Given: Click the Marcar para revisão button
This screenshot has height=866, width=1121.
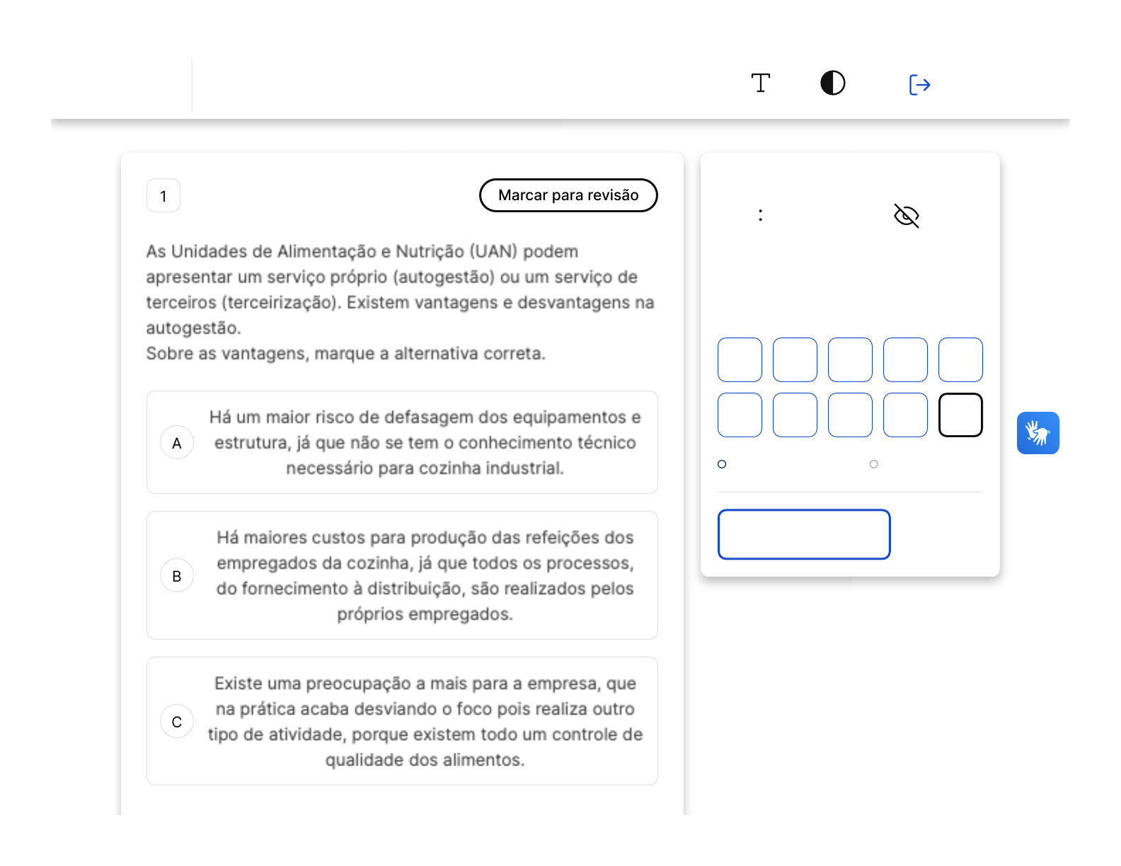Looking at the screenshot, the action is pyautogui.click(x=568, y=195).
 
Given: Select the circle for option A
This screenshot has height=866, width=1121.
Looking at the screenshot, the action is pyautogui.click(x=176, y=442).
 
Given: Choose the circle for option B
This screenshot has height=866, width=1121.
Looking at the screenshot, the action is pyautogui.click(x=176, y=576).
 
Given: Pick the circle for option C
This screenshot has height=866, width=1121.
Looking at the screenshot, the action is pyautogui.click(x=176, y=721).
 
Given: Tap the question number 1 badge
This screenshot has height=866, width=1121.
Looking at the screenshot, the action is pyautogui.click(x=163, y=195).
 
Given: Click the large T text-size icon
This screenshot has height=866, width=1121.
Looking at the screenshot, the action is pyautogui.click(x=760, y=83).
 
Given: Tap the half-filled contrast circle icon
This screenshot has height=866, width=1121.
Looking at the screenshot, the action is pyautogui.click(x=833, y=83).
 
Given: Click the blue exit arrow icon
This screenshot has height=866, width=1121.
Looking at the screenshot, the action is pyautogui.click(x=919, y=85).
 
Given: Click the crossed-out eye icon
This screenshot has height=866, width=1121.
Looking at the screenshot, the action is pyautogui.click(x=907, y=216).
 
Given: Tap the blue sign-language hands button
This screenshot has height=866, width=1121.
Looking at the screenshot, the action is pyautogui.click(x=1038, y=433).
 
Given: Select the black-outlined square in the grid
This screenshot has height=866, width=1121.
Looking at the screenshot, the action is pyautogui.click(x=960, y=415).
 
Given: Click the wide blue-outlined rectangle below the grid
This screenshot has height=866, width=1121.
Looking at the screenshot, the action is pyautogui.click(x=804, y=534).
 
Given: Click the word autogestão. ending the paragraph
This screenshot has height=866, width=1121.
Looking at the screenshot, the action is pyautogui.click(x=193, y=328).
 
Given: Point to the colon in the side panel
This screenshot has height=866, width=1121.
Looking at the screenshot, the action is pyautogui.click(x=760, y=215).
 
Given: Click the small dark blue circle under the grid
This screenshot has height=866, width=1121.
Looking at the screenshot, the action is pyautogui.click(x=722, y=464).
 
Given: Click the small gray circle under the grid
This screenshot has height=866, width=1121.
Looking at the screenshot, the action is pyautogui.click(x=874, y=464).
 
